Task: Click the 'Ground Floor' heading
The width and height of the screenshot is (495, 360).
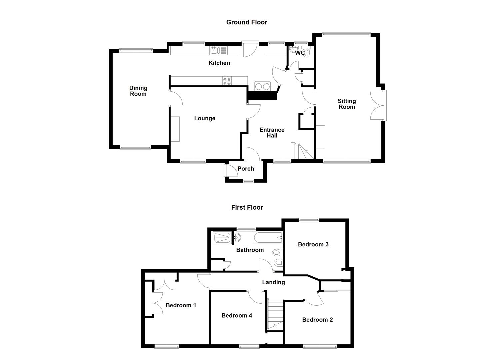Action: (x=247, y=22)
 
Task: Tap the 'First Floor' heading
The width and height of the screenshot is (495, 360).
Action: (x=247, y=207)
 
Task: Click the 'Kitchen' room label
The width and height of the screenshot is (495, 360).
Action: (x=219, y=63)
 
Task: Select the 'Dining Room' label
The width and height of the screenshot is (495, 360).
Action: (x=138, y=91)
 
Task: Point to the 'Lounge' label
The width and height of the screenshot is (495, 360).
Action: (x=205, y=118)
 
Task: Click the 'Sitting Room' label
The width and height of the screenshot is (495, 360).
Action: (x=347, y=104)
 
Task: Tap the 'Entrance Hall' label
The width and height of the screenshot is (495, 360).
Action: (x=272, y=132)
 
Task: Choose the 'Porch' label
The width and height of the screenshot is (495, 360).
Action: (x=246, y=169)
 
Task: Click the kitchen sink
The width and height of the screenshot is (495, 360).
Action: (x=214, y=51)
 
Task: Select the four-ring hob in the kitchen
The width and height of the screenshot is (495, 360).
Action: (x=227, y=81)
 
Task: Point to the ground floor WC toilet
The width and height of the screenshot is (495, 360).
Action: (x=307, y=53)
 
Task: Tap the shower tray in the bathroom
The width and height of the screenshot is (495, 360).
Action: (x=221, y=238)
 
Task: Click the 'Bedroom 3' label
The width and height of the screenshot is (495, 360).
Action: (x=313, y=244)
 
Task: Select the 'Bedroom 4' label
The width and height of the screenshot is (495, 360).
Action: (x=237, y=315)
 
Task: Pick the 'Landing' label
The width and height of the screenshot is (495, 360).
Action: (x=273, y=282)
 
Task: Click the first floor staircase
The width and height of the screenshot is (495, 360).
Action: (x=275, y=314)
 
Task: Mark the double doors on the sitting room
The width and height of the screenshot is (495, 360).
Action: (x=378, y=106)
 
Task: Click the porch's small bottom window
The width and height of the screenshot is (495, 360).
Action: (x=248, y=181)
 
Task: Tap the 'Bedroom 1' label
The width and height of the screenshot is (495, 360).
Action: (x=181, y=305)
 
